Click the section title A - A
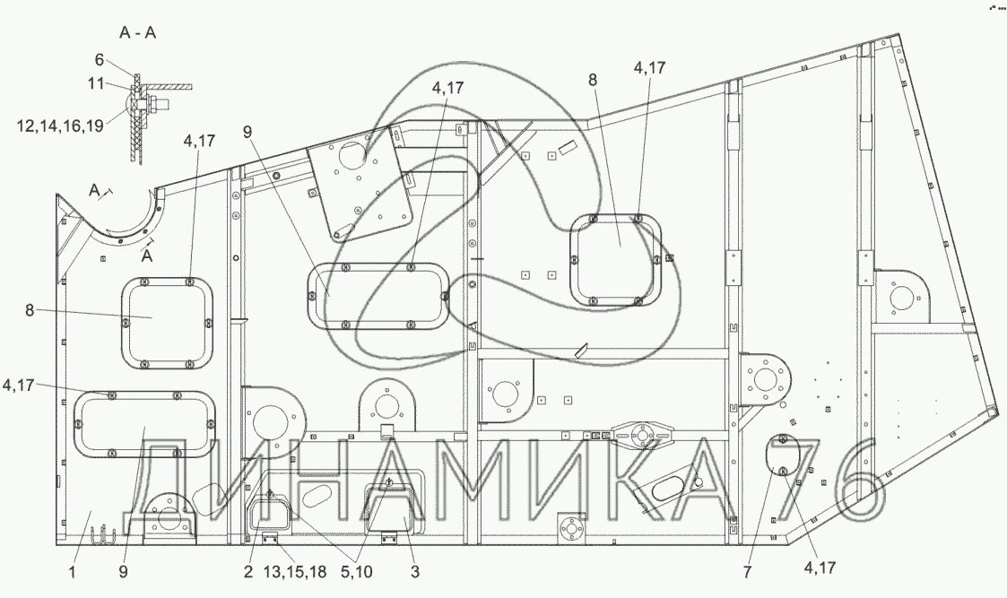pos(137,33)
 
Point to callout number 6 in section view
pos(99,60)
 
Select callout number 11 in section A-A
pos(96,82)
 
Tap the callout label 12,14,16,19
pos(60,126)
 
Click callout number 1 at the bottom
pos(73,571)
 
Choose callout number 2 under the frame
pos(248,571)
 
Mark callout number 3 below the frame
pos(415,571)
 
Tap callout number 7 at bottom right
pos(747,572)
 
